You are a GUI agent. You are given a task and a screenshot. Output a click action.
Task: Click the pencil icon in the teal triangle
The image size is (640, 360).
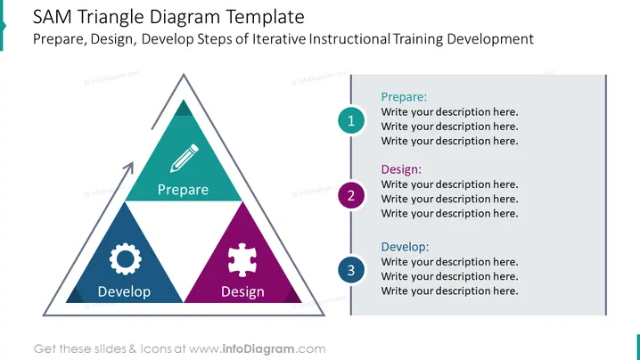185,158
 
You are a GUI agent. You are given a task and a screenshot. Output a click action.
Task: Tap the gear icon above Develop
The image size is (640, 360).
126,258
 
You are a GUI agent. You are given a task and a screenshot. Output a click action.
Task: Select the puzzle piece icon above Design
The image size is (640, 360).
242,259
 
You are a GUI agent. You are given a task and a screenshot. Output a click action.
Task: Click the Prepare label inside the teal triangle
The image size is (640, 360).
183,190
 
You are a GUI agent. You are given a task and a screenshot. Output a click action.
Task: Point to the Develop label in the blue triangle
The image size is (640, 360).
124,291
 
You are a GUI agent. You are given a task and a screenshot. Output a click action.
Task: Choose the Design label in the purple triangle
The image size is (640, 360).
242,292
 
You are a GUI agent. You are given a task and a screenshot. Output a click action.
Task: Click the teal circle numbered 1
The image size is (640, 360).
351,120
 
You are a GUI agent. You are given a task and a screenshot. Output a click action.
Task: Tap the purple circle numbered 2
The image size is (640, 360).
351,195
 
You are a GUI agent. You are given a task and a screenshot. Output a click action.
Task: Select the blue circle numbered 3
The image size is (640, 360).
351,270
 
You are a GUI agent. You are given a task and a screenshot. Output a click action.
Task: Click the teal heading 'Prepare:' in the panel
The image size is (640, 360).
404,97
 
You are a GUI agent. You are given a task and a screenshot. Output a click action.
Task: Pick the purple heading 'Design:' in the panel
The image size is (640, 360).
401,169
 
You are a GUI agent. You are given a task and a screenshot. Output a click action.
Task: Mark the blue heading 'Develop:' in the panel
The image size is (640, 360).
405,247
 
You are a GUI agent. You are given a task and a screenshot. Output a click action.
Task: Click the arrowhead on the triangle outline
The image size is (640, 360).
129,167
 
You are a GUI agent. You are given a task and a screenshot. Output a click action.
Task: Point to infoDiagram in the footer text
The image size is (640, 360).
258,349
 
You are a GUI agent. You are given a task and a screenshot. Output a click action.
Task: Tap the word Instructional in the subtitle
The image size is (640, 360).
349,39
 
